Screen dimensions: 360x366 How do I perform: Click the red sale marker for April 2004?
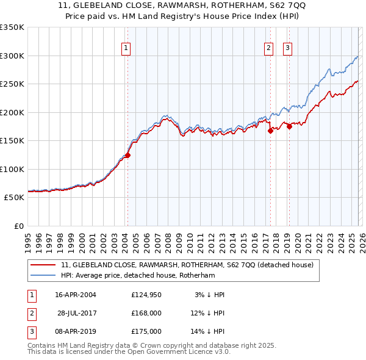[x=127, y=155]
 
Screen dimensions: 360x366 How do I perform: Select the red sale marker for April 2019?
[x=289, y=127]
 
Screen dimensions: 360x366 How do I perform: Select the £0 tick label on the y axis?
[x=18, y=226]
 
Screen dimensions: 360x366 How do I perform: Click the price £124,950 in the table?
[x=146, y=295]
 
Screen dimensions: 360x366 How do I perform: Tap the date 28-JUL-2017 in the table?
[x=77, y=313]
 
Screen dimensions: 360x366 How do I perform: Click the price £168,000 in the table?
[x=146, y=313]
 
